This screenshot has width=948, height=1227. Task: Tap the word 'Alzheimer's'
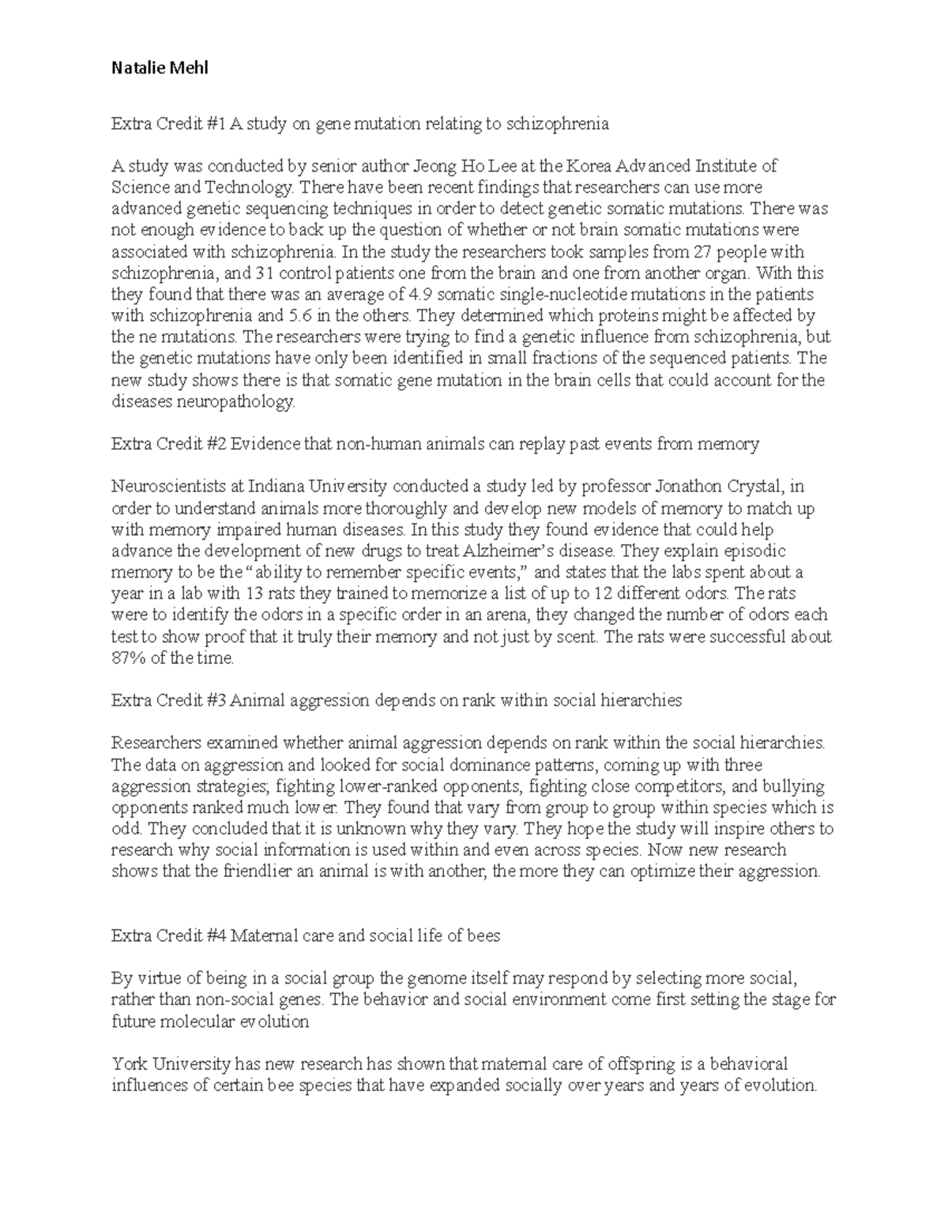tap(536, 551)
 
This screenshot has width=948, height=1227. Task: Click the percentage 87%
tap(128, 657)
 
